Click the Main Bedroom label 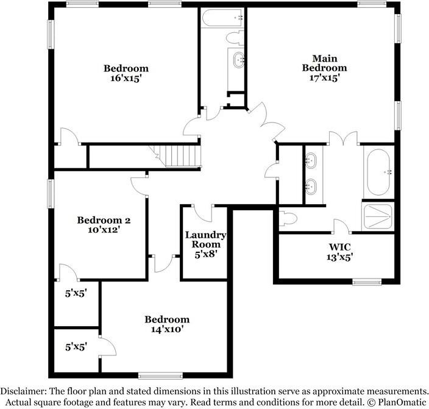tap(324, 63)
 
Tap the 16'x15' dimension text tap(126, 78)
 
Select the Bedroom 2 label tap(104, 220)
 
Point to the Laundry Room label tap(206, 240)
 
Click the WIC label tap(339, 247)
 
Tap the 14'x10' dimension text tap(167, 329)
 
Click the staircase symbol tap(175, 156)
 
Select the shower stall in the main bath tap(378, 216)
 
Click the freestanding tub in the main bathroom tap(378, 172)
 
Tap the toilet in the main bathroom tap(288, 219)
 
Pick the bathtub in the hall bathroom tap(222, 18)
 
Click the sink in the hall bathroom tap(238, 60)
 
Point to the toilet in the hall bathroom tap(235, 38)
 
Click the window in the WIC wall tap(367, 282)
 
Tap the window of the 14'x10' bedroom tap(160, 375)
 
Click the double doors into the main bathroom tap(343, 138)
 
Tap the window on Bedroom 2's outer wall tap(51, 194)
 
